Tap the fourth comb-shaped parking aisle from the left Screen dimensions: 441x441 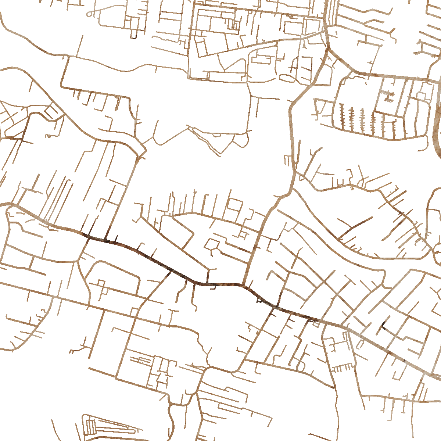[x=373, y=121]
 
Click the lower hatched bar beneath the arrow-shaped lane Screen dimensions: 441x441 [x=388, y=100]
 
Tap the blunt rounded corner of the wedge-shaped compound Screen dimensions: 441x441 [x=83, y=417]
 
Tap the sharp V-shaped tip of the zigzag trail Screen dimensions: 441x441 [x=220, y=154]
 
